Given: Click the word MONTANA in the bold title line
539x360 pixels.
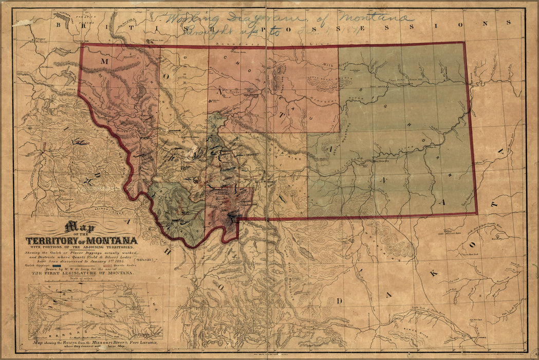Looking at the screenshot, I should [113, 241].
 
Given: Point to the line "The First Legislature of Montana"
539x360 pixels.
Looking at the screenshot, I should [82, 274].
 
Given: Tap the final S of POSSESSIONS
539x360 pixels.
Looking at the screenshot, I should [507, 23].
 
